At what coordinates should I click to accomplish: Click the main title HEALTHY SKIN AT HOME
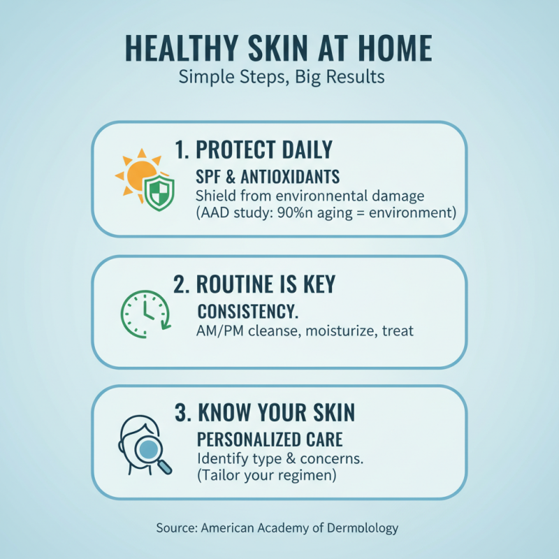coord(278,48)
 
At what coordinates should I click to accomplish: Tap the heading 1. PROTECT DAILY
coord(253,150)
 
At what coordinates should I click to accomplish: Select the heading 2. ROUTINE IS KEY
coord(254,284)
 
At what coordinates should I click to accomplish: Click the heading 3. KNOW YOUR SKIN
coord(264,412)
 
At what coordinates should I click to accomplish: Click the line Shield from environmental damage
coord(310,195)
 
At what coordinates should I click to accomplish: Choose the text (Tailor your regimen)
coord(267,477)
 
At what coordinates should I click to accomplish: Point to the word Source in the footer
coord(176,528)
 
